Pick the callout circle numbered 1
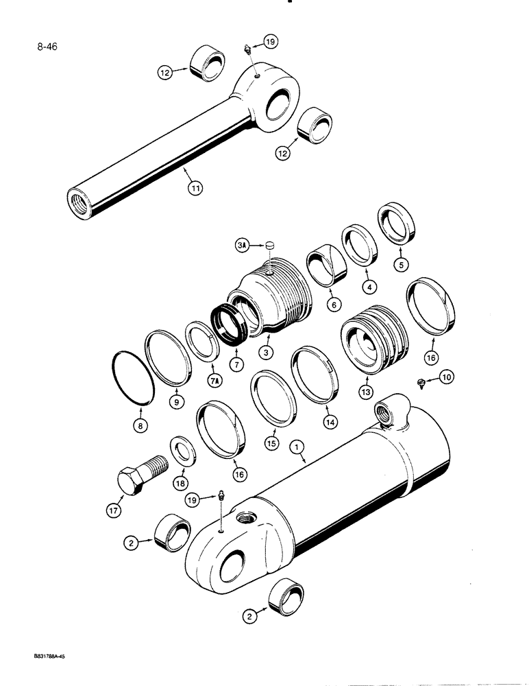(x=297, y=447)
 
